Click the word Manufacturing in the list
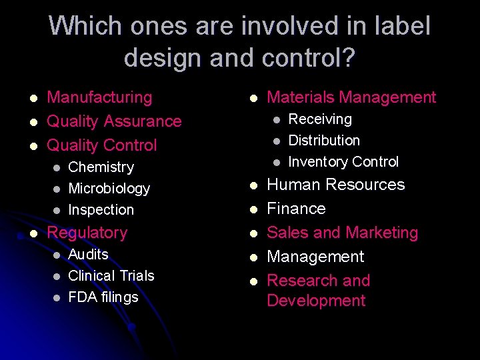(x=99, y=97)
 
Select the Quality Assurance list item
(x=114, y=121)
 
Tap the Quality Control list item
(x=102, y=145)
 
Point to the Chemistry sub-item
(x=101, y=167)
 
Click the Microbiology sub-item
(x=109, y=189)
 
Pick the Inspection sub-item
(x=101, y=210)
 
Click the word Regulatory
(x=87, y=233)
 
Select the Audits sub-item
(x=88, y=255)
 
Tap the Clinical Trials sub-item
(x=111, y=276)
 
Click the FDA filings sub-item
(x=103, y=297)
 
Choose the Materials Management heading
(x=351, y=97)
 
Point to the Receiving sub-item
(x=319, y=119)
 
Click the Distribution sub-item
(x=323, y=141)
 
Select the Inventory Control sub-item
(x=343, y=162)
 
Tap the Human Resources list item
(x=335, y=185)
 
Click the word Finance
(x=296, y=209)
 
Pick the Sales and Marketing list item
(x=342, y=233)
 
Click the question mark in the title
(x=347, y=58)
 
